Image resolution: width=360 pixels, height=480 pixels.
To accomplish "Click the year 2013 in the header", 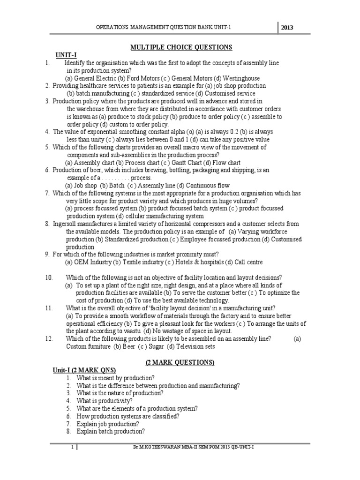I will pyautogui.click(x=286, y=27).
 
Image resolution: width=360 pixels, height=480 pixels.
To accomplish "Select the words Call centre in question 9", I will pyautogui.click(x=248, y=262).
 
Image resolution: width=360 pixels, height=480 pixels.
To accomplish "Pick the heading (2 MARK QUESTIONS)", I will pyautogui.click(x=180, y=362).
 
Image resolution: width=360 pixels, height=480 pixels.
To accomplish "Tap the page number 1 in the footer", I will pyautogui.click(x=72, y=448).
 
